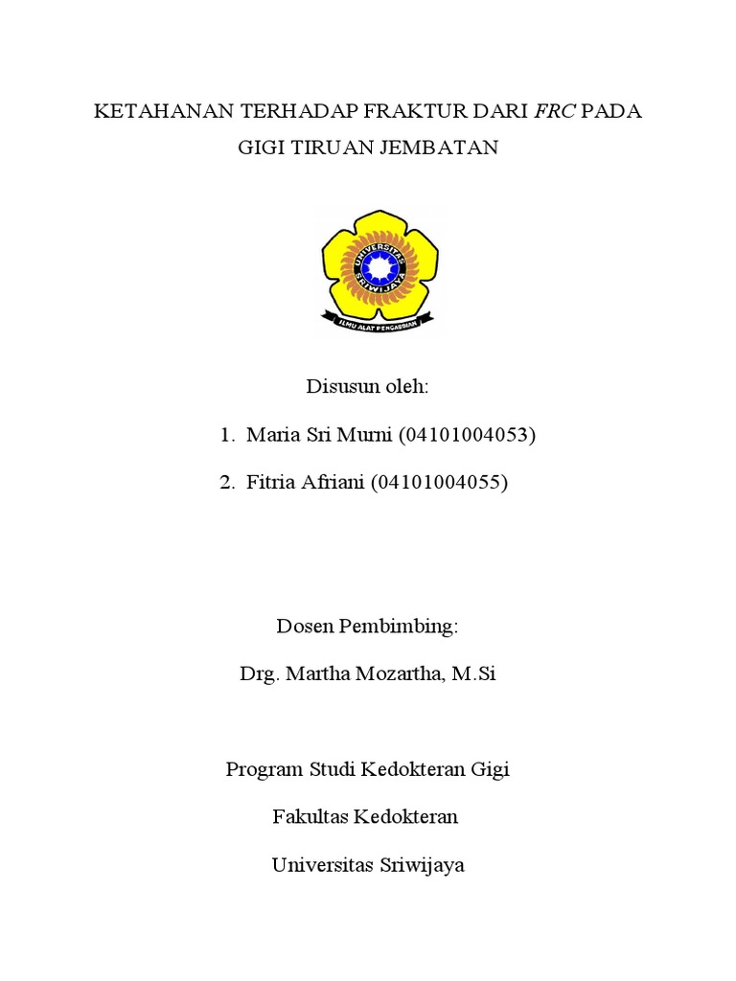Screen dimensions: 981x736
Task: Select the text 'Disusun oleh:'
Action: [x=367, y=387]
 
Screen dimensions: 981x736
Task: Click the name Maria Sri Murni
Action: [x=311, y=435]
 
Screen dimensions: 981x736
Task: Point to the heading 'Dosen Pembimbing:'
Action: [x=368, y=627]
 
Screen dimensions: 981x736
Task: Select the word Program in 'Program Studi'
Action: [x=264, y=769]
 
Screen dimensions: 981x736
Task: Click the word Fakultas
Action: [x=310, y=817]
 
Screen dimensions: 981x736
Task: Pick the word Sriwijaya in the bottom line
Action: [x=418, y=865]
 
